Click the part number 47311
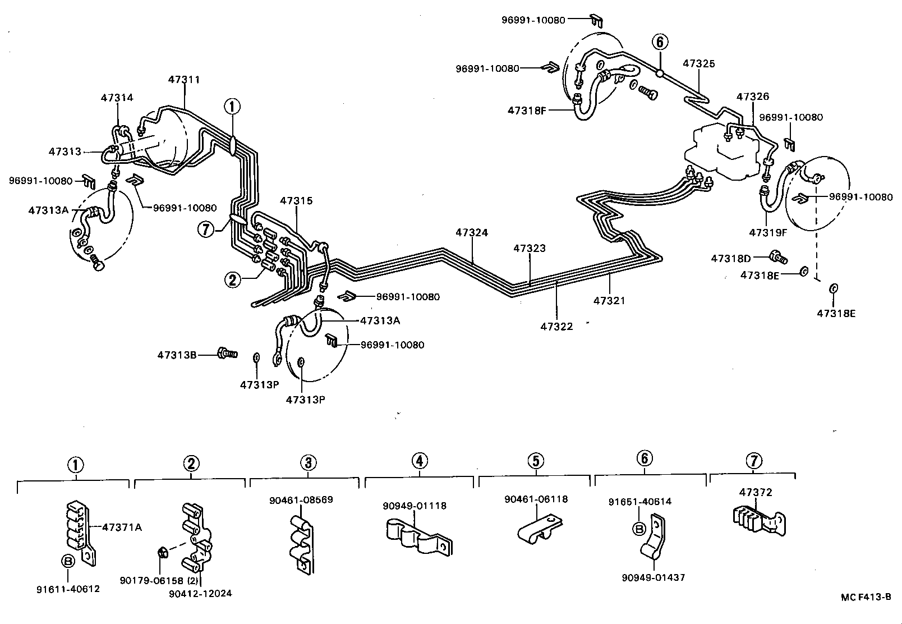(184, 80)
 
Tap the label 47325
(699, 63)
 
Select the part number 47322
(557, 326)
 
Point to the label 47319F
(768, 231)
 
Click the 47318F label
(527, 111)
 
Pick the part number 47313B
(177, 355)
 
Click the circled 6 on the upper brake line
(660, 42)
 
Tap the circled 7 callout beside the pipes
(206, 229)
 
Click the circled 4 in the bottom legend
(420, 461)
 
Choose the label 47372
(755, 493)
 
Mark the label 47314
(117, 98)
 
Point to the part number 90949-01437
(654, 577)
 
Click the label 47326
(753, 97)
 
